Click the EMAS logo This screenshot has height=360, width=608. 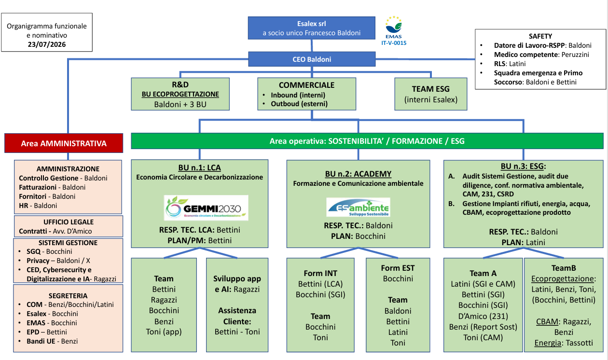tap(394, 28)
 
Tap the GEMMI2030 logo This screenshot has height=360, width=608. tap(206, 208)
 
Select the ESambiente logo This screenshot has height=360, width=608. tap(358, 207)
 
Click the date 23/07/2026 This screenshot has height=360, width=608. tap(47, 44)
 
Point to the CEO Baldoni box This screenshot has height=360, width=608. tap(312, 59)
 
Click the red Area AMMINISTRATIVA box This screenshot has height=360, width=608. tap(64, 143)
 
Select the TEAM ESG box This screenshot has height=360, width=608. tap(431, 94)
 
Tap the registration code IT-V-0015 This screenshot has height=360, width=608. tap(394, 43)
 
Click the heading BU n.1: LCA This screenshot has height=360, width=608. tap(199, 168)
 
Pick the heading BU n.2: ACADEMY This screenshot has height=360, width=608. tap(358, 174)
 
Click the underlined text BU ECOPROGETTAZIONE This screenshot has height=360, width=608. tap(180, 94)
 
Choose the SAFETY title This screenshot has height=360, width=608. tap(540, 36)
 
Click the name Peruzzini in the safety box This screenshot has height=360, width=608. tap(575, 55)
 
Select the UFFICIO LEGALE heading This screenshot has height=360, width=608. tap(69, 222)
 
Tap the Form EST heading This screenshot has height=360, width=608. tap(398, 268)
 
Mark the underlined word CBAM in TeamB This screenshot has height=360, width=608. tap(547, 322)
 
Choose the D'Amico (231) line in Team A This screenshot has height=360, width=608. tap(483, 316)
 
